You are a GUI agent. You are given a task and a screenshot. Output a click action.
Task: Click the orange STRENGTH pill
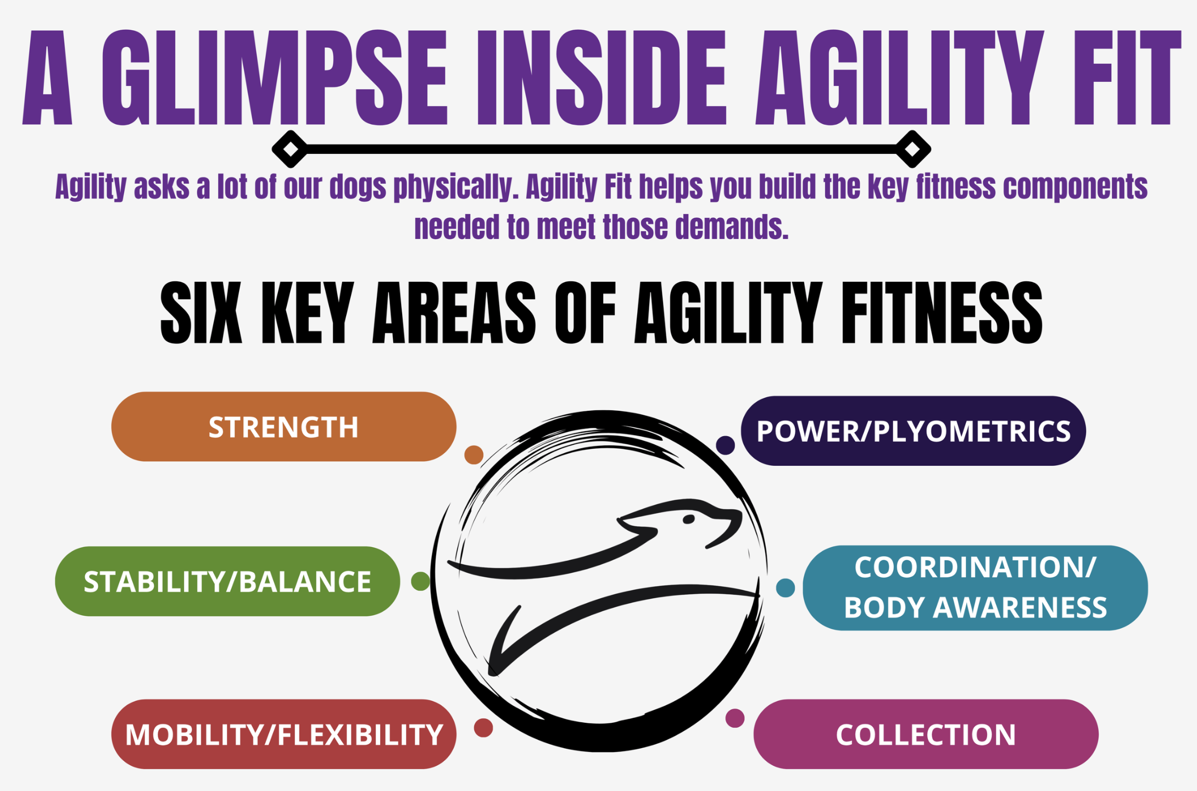[283, 426]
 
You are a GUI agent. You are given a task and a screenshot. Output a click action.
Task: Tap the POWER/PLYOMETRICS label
[913, 431]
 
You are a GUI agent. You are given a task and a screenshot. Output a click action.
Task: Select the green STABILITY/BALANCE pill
[227, 581]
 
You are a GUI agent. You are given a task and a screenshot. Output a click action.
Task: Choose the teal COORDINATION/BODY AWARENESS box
[975, 588]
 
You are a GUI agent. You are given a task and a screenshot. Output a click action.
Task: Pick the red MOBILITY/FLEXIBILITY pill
[283, 734]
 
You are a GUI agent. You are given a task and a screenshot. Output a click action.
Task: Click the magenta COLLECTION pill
[926, 734]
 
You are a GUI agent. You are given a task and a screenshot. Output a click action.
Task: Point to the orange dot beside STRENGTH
[474, 455]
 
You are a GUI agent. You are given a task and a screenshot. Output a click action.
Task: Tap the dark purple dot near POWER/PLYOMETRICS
[725, 445]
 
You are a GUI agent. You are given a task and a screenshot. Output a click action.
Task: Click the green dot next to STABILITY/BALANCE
[421, 581]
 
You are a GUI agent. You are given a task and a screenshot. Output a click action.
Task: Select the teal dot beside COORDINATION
[785, 588]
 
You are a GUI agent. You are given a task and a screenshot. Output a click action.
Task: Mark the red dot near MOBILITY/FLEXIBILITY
[483, 728]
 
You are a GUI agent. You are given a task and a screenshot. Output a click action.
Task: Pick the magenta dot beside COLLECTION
[735, 718]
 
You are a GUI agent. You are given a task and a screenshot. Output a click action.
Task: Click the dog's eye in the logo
[688, 519]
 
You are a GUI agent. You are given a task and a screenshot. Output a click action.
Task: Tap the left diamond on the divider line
[290, 149]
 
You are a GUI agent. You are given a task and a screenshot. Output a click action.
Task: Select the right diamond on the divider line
[912, 149]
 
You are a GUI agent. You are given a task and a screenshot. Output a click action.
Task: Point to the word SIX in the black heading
[201, 313]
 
